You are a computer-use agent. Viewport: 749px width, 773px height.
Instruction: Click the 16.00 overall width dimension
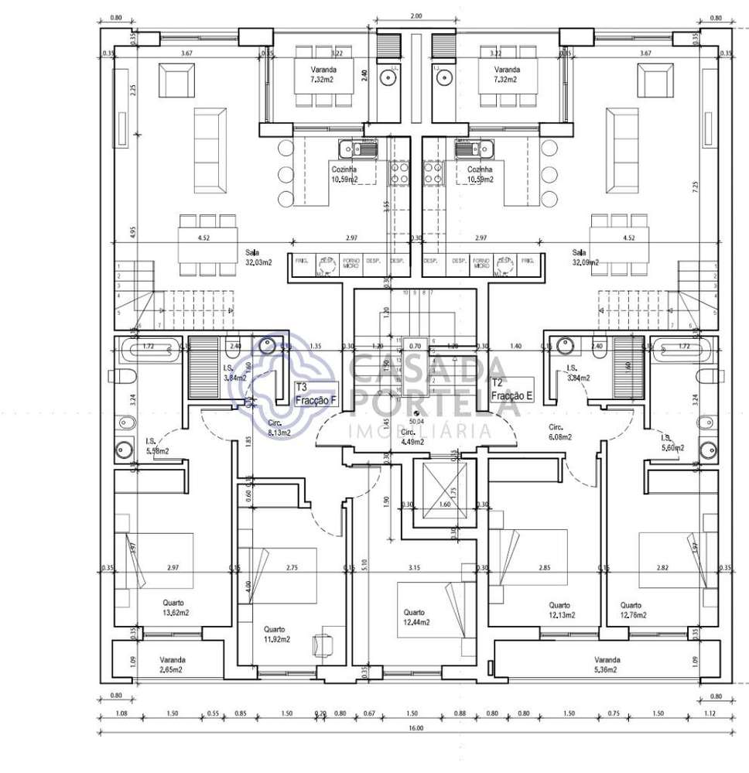point(416,728)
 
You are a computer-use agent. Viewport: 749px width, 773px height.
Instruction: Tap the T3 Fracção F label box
point(316,395)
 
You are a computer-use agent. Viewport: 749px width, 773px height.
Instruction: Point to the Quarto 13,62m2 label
point(176,608)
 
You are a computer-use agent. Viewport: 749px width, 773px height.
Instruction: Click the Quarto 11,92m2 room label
point(276,634)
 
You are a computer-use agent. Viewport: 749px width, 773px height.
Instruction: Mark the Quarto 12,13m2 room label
point(559,610)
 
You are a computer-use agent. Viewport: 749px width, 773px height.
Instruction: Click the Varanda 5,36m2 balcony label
point(602,665)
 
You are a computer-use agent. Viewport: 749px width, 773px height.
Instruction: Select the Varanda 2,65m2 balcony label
point(172,665)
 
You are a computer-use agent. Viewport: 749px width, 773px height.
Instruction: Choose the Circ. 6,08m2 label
point(560,432)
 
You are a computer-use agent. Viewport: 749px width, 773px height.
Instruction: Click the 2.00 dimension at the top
point(416,15)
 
